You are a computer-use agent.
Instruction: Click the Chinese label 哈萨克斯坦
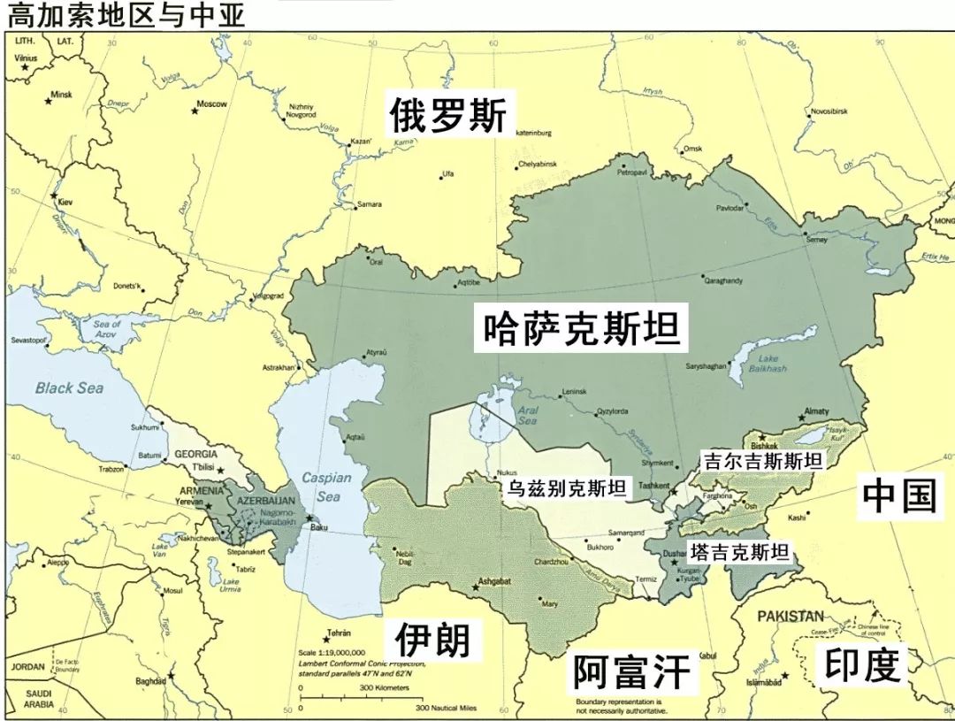tap(582, 328)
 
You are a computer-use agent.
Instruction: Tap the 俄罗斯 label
tap(449, 116)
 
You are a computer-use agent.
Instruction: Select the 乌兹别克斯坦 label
tap(566, 487)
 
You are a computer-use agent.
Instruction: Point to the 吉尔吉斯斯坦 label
tap(762, 461)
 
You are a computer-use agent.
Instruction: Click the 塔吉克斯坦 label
tap(740, 552)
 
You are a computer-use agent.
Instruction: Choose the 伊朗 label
tap(432, 639)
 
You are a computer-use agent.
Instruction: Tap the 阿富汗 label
tap(630, 671)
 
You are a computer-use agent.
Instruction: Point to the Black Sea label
tap(69, 387)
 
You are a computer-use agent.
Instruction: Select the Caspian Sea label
tap(327, 487)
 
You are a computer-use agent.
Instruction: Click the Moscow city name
tap(212, 104)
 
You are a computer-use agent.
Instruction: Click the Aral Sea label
tap(527, 416)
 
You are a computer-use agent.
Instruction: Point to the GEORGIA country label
tap(195, 454)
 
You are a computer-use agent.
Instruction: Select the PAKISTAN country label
tap(789, 616)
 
